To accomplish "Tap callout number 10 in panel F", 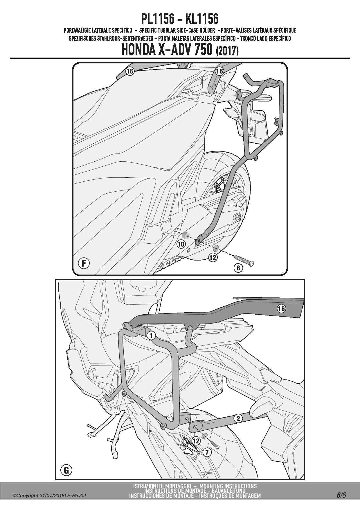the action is (181, 244).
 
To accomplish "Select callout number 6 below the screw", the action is (238, 268).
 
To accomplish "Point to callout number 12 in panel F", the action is (213, 257).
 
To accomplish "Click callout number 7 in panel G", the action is (207, 452).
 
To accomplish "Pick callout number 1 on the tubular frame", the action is (151, 336).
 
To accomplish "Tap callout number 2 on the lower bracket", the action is (238, 418).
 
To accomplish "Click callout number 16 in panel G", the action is (281, 309).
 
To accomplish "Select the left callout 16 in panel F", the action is (130, 71).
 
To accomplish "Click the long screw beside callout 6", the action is (244, 259).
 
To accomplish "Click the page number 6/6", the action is (341, 495).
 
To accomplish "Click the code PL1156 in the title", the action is (158, 19).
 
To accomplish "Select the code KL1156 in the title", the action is (202, 19).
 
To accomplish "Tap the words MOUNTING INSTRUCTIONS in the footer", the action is (228, 486).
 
